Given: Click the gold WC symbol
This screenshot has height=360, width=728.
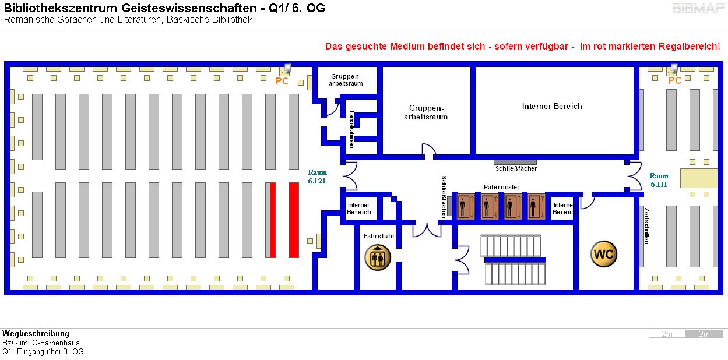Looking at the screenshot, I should pyautogui.click(x=603, y=255).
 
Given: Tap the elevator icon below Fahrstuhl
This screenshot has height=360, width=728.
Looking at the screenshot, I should pyautogui.click(x=378, y=257).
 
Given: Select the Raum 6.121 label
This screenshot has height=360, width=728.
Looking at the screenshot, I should pyautogui.click(x=318, y=177).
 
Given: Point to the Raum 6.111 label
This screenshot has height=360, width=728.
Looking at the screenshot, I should pyautogui.click(x=659, y=180).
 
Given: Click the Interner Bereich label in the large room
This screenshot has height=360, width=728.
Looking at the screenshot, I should pyautogui.click(x=551, y=106).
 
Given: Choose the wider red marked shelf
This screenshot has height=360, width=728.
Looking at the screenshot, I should pyautogui.click(x=294, y=220).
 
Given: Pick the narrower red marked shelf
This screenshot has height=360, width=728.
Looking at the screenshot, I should pyautogui.click(x=273, y=220).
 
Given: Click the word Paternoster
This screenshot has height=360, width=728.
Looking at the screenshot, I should pyautogui.click(x=501, y=187).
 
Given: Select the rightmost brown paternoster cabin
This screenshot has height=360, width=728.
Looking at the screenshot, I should pyautogui.click(x=536, y=206).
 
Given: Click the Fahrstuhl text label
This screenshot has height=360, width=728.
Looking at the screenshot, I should pyautogui.click(x=378, y=237).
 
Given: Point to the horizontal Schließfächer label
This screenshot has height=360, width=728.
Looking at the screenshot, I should pyautogui.click(x=516, y=168).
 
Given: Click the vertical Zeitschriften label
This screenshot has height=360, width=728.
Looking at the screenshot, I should pyautogui.click(x=646, y=225).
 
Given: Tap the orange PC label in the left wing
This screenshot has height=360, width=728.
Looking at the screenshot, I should pyautogui.click(x=282, y=82).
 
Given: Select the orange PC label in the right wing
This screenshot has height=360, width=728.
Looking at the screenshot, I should pyautogui.click(x=674, y=81).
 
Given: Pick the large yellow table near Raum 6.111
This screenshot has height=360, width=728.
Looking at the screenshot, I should pyautogui.click(x=698, y=178).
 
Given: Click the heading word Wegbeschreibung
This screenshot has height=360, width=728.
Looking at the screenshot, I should pyautogui.click(x=36, y=333).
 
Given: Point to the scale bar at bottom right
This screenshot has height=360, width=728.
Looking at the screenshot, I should pyautogui.click(x=685, y=334).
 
